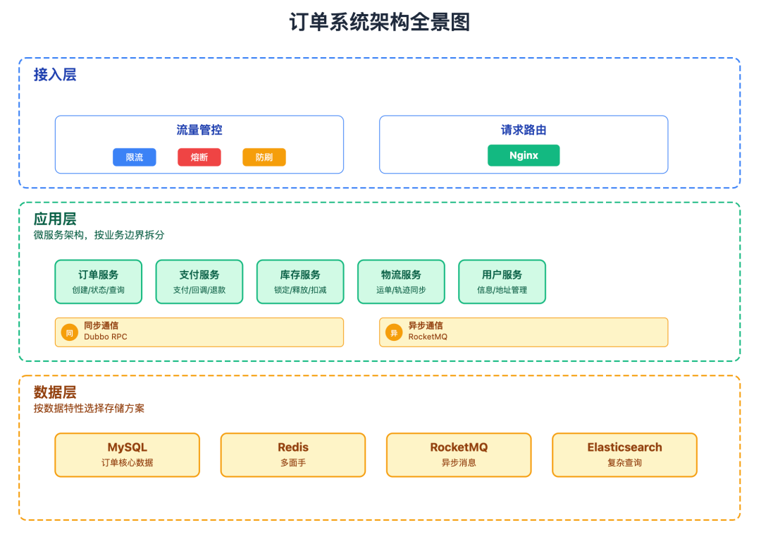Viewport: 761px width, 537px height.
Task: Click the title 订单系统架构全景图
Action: (x=380, y=22)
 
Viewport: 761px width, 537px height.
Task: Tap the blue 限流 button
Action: (x=134, y=157)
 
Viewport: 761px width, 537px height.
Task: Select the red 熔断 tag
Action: (x=199, y=157)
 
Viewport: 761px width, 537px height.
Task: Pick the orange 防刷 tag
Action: (x=264, y=157)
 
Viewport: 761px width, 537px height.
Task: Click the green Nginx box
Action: (x=524, y=155)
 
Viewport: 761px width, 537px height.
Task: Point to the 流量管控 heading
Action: (x=199, y=130)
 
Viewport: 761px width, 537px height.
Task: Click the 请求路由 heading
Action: (x=524, y=130)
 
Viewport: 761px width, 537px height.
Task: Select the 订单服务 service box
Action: (x=99, y=282)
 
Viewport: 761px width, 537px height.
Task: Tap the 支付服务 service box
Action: (x=199, y=282)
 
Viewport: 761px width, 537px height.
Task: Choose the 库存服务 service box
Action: (x=300, y=282)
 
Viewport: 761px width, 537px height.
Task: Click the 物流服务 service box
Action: (x=401, y=282)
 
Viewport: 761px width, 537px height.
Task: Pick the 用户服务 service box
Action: (x=502, y=282)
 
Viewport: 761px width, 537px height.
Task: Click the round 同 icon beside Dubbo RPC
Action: (x=69, y=332)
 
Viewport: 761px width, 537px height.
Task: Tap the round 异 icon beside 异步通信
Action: (x=394, y=332)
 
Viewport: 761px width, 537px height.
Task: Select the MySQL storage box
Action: (x=128, y=454)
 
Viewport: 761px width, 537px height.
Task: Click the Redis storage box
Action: (x=293, y=454)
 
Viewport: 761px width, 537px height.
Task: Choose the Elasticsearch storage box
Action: (x=624, y=454)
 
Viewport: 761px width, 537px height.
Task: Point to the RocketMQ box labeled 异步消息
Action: (x=459, y=454)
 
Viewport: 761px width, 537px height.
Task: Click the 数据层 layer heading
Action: (x=55, y=392)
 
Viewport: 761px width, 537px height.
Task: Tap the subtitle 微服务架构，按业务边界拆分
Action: (x=99, y=235)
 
